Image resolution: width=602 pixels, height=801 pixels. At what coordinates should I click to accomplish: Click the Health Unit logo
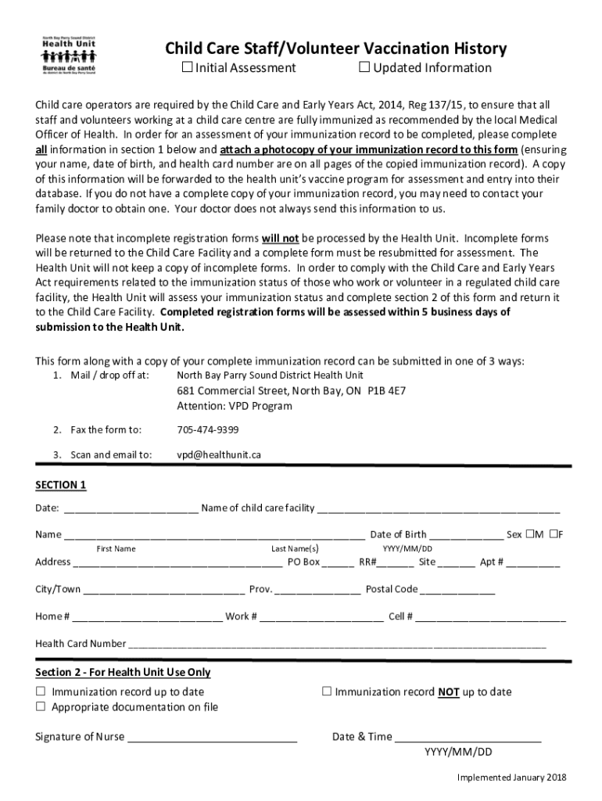click(x=69, y=55)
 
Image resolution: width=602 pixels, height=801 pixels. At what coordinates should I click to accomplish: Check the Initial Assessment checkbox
click(x=188, y=67)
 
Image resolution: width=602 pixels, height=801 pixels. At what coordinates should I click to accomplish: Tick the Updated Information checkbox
click(x=364, y=67)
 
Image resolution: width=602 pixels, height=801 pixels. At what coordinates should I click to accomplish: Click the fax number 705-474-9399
click(x=208, y=429)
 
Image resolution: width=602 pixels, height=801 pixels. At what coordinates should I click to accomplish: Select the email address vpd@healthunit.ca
click(x=218, y=454)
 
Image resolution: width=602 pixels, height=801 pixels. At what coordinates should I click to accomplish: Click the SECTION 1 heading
click(x=61, y=485)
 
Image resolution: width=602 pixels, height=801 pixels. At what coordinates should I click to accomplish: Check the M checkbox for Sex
click(x=529, y=534)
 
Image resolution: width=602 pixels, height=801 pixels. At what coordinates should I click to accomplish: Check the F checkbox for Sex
click(x=554, y=534)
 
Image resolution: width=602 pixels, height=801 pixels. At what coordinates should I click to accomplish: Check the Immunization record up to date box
click(x=41, y=691)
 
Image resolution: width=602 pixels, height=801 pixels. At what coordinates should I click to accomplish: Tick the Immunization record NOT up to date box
click(x=328, y=691)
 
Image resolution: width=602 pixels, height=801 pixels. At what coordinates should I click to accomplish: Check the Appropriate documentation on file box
click(x=41, y=707)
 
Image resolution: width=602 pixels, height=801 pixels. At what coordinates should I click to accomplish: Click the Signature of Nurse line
click(x=212, y=738)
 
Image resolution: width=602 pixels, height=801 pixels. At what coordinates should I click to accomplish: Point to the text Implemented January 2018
click(x=511, y=777)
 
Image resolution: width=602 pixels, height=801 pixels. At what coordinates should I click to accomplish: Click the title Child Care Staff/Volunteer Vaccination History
click(x=335, y=49)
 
